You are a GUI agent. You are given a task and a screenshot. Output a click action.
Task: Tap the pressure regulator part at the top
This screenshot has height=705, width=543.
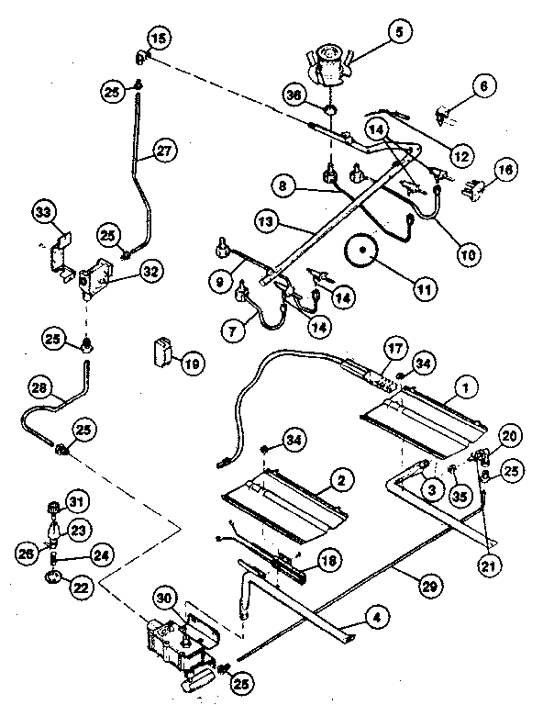(328, 64)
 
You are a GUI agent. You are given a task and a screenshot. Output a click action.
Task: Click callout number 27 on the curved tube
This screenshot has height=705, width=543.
(163, 152)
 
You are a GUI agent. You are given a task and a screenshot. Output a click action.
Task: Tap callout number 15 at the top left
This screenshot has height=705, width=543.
(158, 39)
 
